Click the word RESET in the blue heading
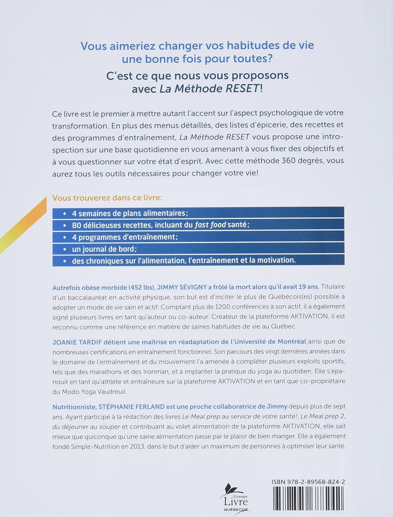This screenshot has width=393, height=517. pyautogui.click(x=242, y=89)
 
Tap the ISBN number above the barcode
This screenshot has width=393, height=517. pyautogui.click(x=307, y=482)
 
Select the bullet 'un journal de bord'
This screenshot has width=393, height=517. pyautogui.click(x=104, y=249)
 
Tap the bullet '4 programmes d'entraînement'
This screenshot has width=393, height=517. pyautogui.click(x=125, y=237)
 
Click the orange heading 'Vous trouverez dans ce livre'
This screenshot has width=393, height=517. pyautogui.click(x=107, y=198)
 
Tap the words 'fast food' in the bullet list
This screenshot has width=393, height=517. pyautogui.click(x=210, y=225)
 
